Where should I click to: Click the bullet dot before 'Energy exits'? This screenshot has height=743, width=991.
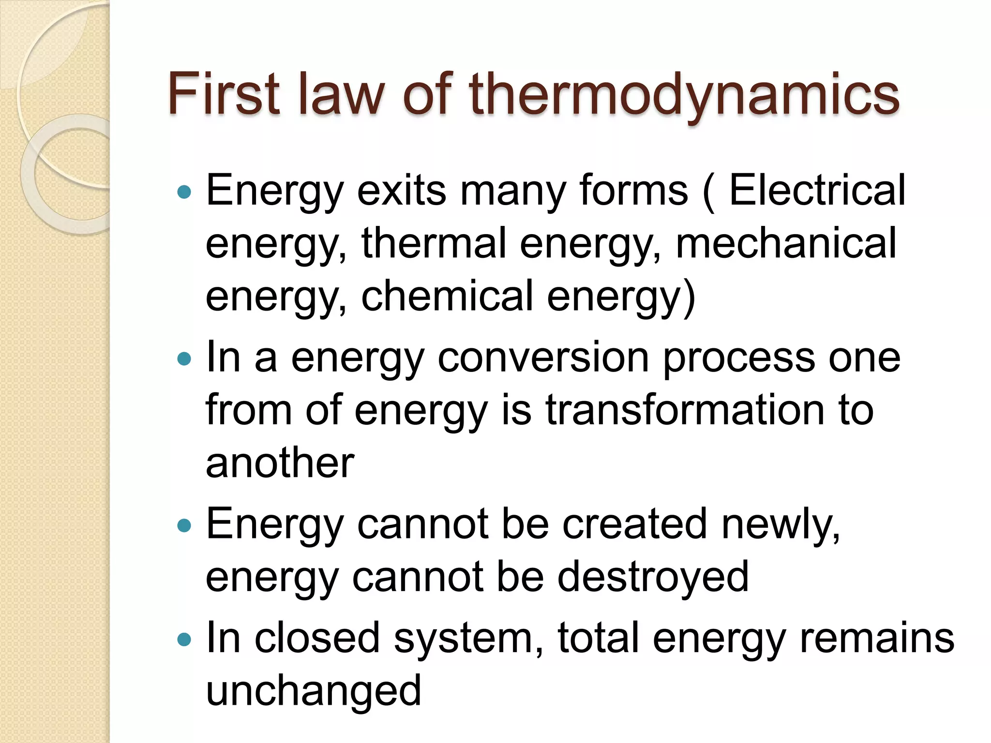coord(184,193)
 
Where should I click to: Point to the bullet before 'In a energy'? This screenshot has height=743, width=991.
coord(184,359)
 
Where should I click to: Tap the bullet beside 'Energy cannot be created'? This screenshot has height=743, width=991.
coord(184,525)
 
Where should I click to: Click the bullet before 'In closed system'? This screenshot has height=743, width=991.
coord(184,640)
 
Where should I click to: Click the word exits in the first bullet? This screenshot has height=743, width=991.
coord(401,190)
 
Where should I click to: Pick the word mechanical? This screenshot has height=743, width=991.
coord(786,243)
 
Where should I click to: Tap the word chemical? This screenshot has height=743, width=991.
coord(447,296)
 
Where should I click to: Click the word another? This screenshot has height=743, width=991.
coord(280,463)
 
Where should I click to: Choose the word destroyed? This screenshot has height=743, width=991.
coord(653,577)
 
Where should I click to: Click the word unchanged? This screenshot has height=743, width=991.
coord(314,691)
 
